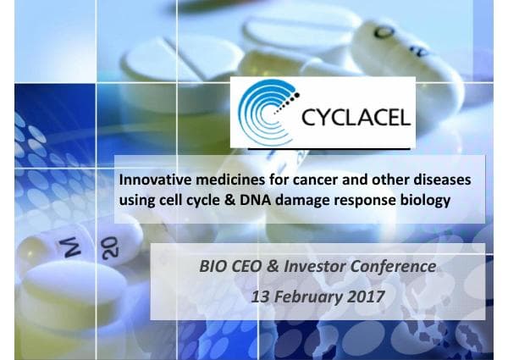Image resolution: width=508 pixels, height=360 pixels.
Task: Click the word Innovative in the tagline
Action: (156, 181)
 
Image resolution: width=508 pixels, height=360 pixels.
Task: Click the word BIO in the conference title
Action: (212, 267)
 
